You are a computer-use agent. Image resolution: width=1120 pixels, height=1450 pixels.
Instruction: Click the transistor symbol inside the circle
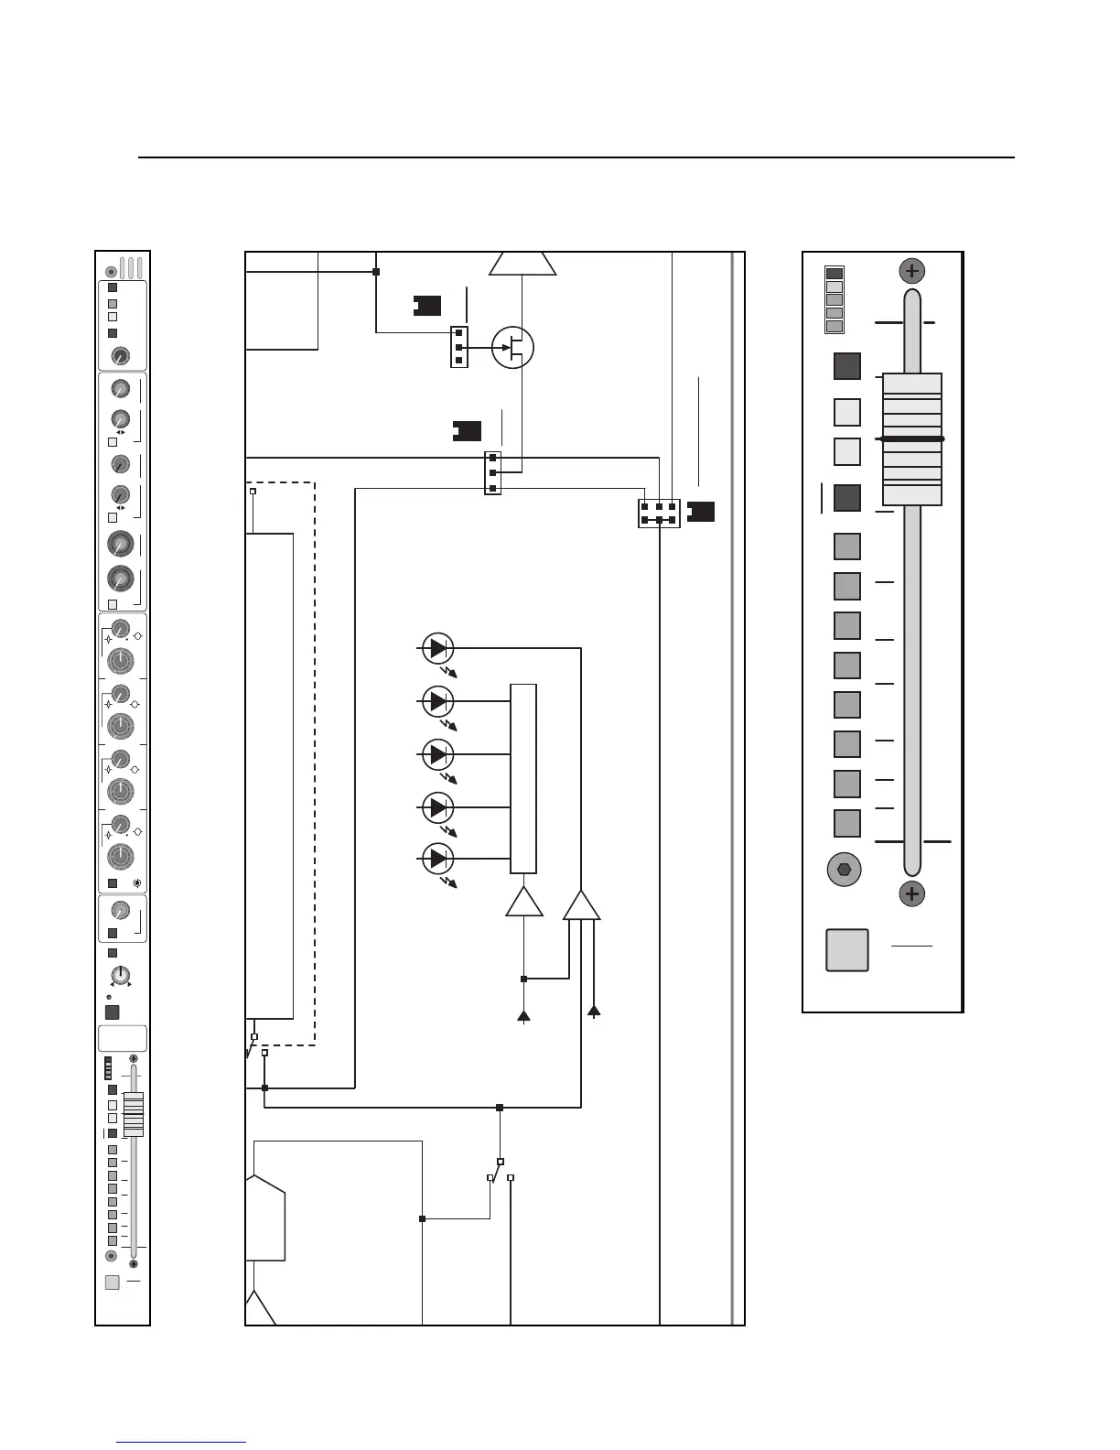pos(512,347)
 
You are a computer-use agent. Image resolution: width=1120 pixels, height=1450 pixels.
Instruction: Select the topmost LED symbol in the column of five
pos(438,648)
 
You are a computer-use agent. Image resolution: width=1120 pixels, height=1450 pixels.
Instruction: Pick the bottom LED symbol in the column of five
pos(438,859)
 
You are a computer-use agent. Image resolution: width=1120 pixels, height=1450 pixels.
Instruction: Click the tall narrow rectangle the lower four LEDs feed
pos(523,778)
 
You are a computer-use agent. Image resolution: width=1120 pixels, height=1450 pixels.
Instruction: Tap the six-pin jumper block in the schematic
pos(659,514)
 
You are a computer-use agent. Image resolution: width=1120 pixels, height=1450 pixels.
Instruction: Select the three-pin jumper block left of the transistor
pos(459,347)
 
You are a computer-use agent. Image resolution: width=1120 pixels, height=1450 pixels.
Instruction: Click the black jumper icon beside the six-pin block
pos(701,512)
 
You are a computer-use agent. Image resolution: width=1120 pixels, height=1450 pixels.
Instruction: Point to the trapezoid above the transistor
pos(522,264)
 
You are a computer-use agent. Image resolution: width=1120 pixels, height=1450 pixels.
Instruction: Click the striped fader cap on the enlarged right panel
pos(912,438)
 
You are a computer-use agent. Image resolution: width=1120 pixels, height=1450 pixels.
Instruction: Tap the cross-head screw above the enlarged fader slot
pos(912,271)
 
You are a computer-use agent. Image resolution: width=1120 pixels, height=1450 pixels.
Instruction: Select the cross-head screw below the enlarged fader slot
pos(912,893)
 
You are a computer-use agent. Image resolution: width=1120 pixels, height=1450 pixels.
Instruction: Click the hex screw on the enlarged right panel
pos(844,870)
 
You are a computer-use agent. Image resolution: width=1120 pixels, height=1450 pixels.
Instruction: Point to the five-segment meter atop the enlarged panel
pos(835,300)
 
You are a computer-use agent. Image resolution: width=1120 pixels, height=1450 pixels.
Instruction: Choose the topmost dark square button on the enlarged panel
pos(847,366)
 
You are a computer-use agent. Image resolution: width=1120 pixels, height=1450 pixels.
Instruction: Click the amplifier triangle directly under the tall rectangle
pos(524,903)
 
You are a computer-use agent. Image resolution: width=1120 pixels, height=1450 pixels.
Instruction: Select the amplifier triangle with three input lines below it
pos(582,905)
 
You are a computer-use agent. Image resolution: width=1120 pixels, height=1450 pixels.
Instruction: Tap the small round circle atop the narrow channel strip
pos(112,272)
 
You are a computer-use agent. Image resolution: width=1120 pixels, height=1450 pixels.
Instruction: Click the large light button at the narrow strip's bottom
pos(112,1282)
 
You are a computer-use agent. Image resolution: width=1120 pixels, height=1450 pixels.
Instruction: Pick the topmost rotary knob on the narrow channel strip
pos(120,356)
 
